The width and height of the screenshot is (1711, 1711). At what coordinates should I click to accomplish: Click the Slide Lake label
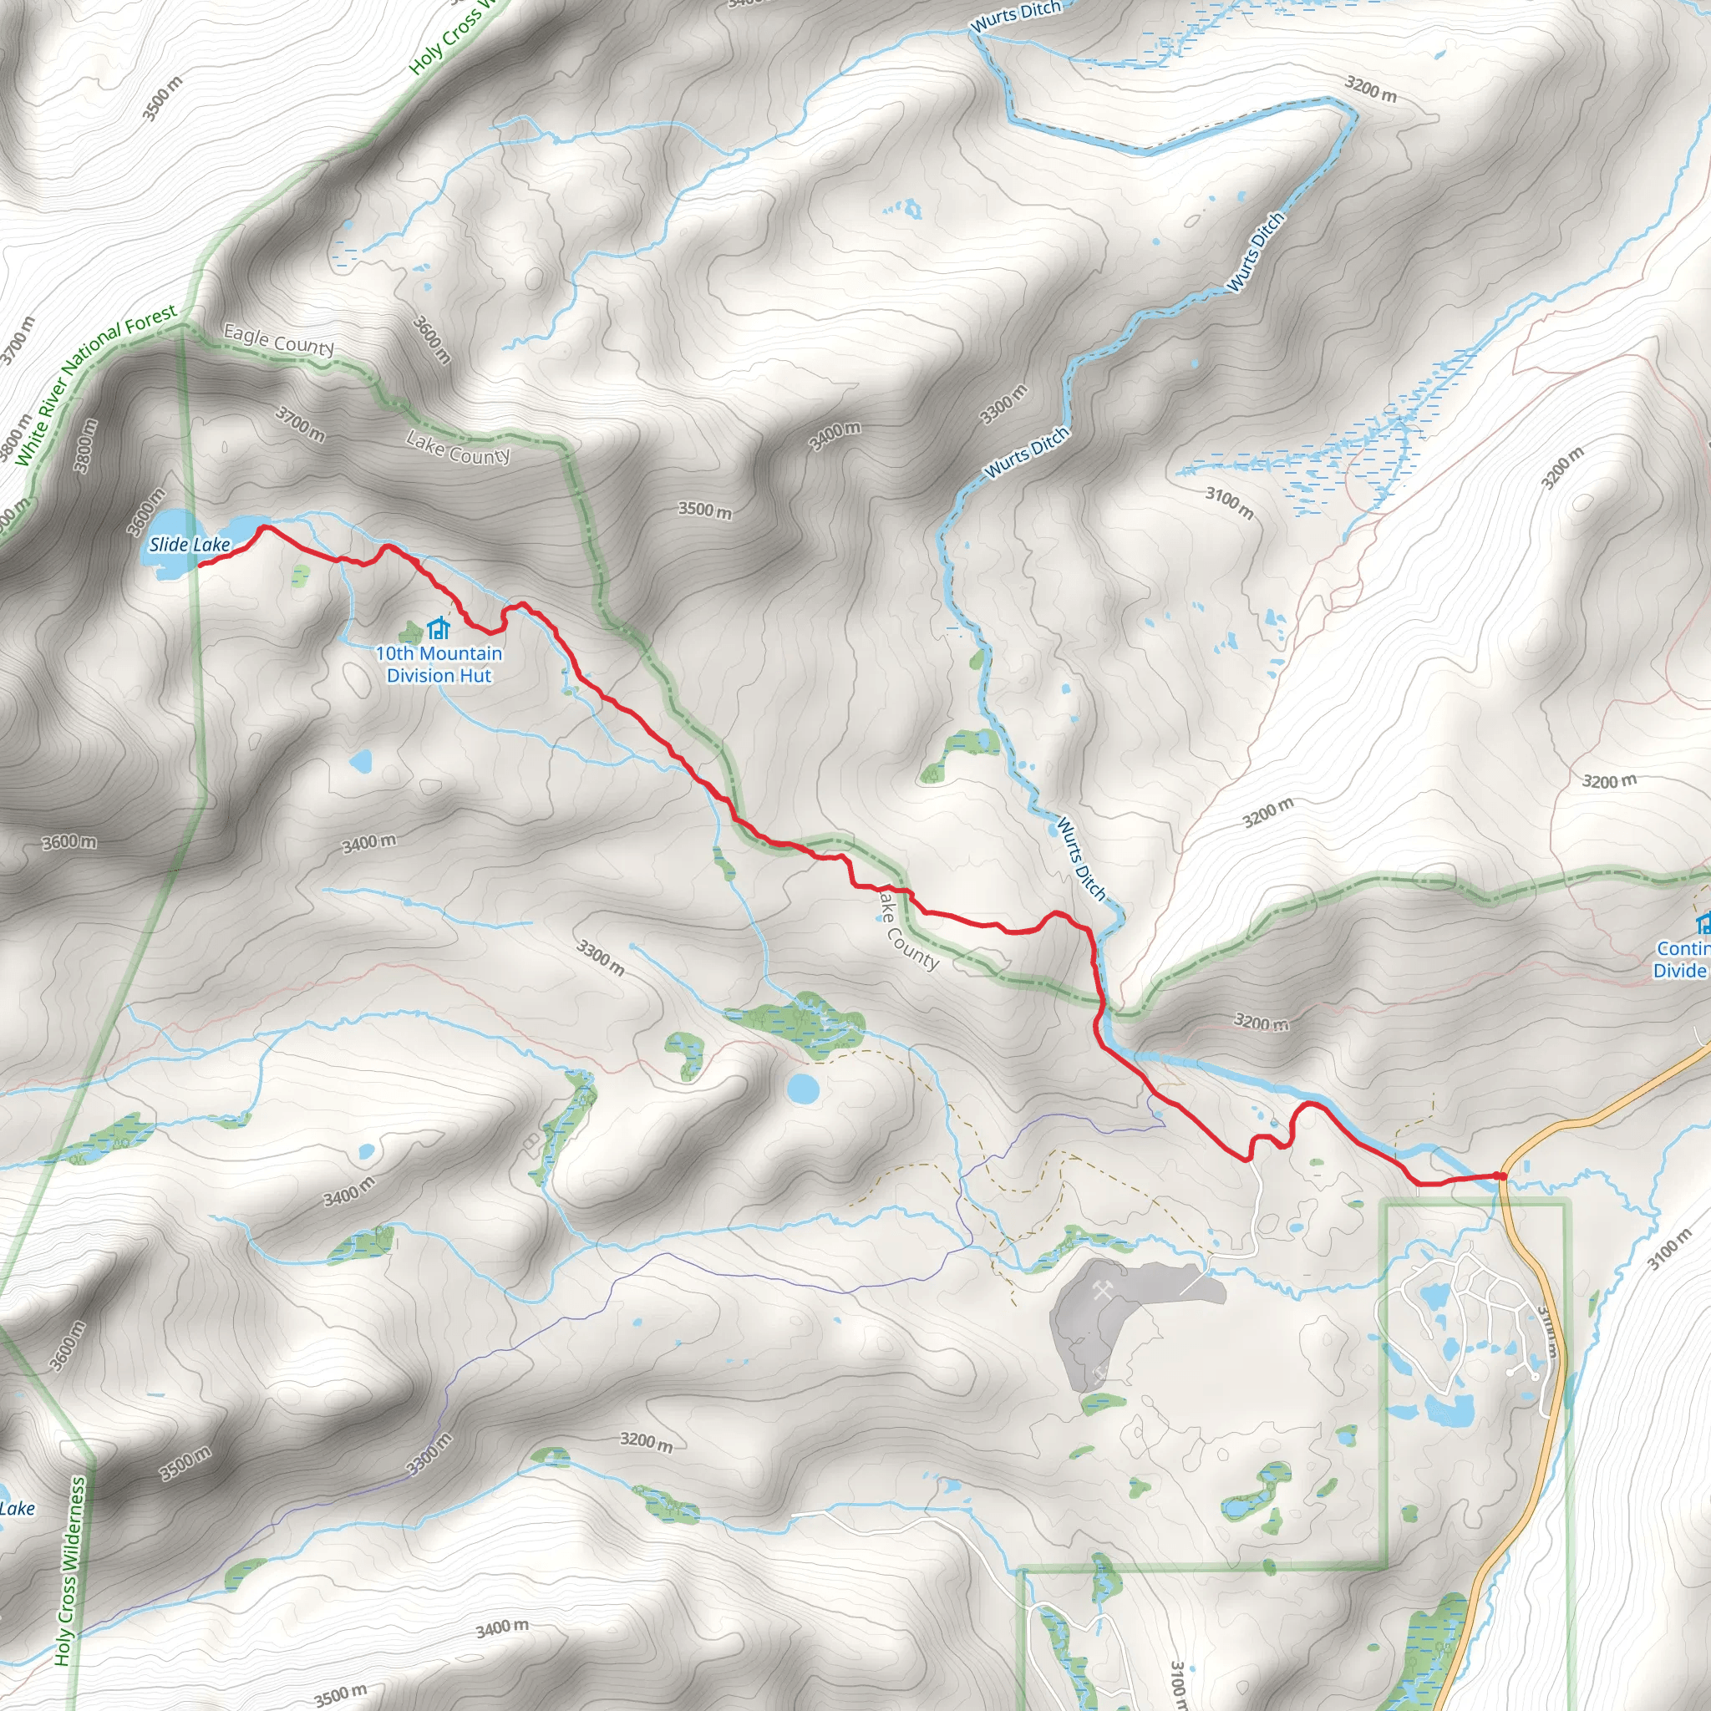click(x=190, y=545)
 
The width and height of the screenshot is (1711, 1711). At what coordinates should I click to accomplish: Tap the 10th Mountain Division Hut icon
click(x=439, y=629)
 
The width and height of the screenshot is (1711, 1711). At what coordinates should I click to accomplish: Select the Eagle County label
click(x=278, y=340)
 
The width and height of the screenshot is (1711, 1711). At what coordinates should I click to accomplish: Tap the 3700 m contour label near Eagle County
click(x=300, y=424)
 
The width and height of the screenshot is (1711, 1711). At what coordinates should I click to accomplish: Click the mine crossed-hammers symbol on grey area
click(x=1103, y=1293)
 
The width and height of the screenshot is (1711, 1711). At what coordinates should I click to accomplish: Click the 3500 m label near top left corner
click(x=162, y=99)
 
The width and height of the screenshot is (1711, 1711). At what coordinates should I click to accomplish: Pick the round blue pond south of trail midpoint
click(x=803, y=1088)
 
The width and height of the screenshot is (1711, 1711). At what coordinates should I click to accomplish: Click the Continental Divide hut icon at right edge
click(x=1703, y=925)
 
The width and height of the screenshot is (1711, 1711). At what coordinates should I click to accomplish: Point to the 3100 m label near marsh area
click(x=1229, y=503)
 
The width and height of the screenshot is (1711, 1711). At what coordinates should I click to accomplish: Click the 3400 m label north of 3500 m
click(x=835, y=437)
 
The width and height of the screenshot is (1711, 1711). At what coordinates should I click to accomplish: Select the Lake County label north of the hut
click(x=458, y=448)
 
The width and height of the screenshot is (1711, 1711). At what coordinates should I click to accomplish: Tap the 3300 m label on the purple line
click(x=429, y=1455)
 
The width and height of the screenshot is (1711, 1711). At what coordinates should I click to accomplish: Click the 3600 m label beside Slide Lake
click(x=146, y=512)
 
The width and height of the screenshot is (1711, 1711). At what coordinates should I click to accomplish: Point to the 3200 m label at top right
click(x=1370, y=89)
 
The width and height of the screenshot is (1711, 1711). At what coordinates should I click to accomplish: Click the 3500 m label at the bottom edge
click(x=340, y=1695)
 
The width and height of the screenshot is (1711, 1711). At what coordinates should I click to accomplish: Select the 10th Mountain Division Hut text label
click(x=439, y=664)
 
